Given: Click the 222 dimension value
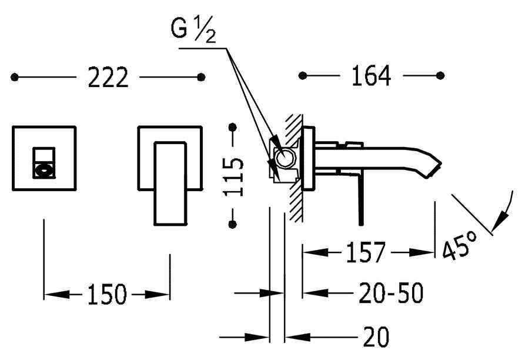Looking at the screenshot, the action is pos(108,78).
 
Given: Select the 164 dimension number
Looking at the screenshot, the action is pos(371,76).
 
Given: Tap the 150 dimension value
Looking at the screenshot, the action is pos(107,294).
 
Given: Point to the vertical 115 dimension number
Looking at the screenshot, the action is pos(234,176).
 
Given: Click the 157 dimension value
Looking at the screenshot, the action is pos(366,252).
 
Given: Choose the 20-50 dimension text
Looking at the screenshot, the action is pos(391,293).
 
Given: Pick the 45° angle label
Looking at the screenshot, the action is pos(460,245).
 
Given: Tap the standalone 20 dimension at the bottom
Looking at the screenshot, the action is pos(376,337).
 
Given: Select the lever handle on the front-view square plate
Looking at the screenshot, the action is pos(170,184).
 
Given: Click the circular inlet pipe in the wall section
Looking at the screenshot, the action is pos(285,158).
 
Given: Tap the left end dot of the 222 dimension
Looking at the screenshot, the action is pos(14,77).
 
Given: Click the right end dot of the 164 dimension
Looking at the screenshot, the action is pos(440,76).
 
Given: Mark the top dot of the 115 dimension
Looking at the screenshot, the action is pos(233,127).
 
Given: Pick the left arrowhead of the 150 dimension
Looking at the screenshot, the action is pos(57,294).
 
